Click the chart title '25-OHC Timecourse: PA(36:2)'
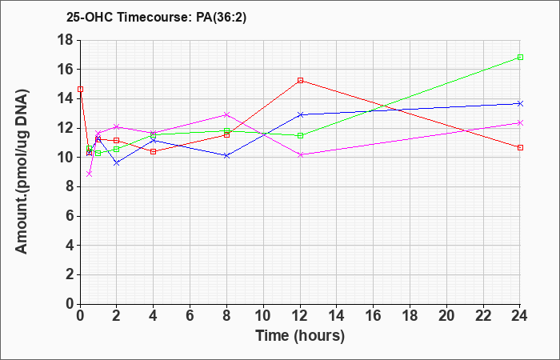click(156, 18)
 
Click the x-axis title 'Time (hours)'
click(300, 336)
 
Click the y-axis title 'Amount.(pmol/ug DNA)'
click(22, 171)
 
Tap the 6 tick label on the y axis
click(70, 216)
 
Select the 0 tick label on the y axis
click(70, 304)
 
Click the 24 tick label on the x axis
click(520, 316)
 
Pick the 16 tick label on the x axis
click(374, 316)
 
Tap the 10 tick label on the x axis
click(263, 316)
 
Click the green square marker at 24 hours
click(520, 57)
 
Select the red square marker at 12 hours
click(300, 80)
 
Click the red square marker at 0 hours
click(80, 89)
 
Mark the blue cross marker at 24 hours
click(520, 103)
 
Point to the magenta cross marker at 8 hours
click(226, 114)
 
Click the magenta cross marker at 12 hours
click(300, 154)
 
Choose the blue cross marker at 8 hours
click(226, 156)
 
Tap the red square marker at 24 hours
click(520, 147)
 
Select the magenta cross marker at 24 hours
click(520, 123)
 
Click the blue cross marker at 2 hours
click(117, 163)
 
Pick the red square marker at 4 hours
click(154, 151)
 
